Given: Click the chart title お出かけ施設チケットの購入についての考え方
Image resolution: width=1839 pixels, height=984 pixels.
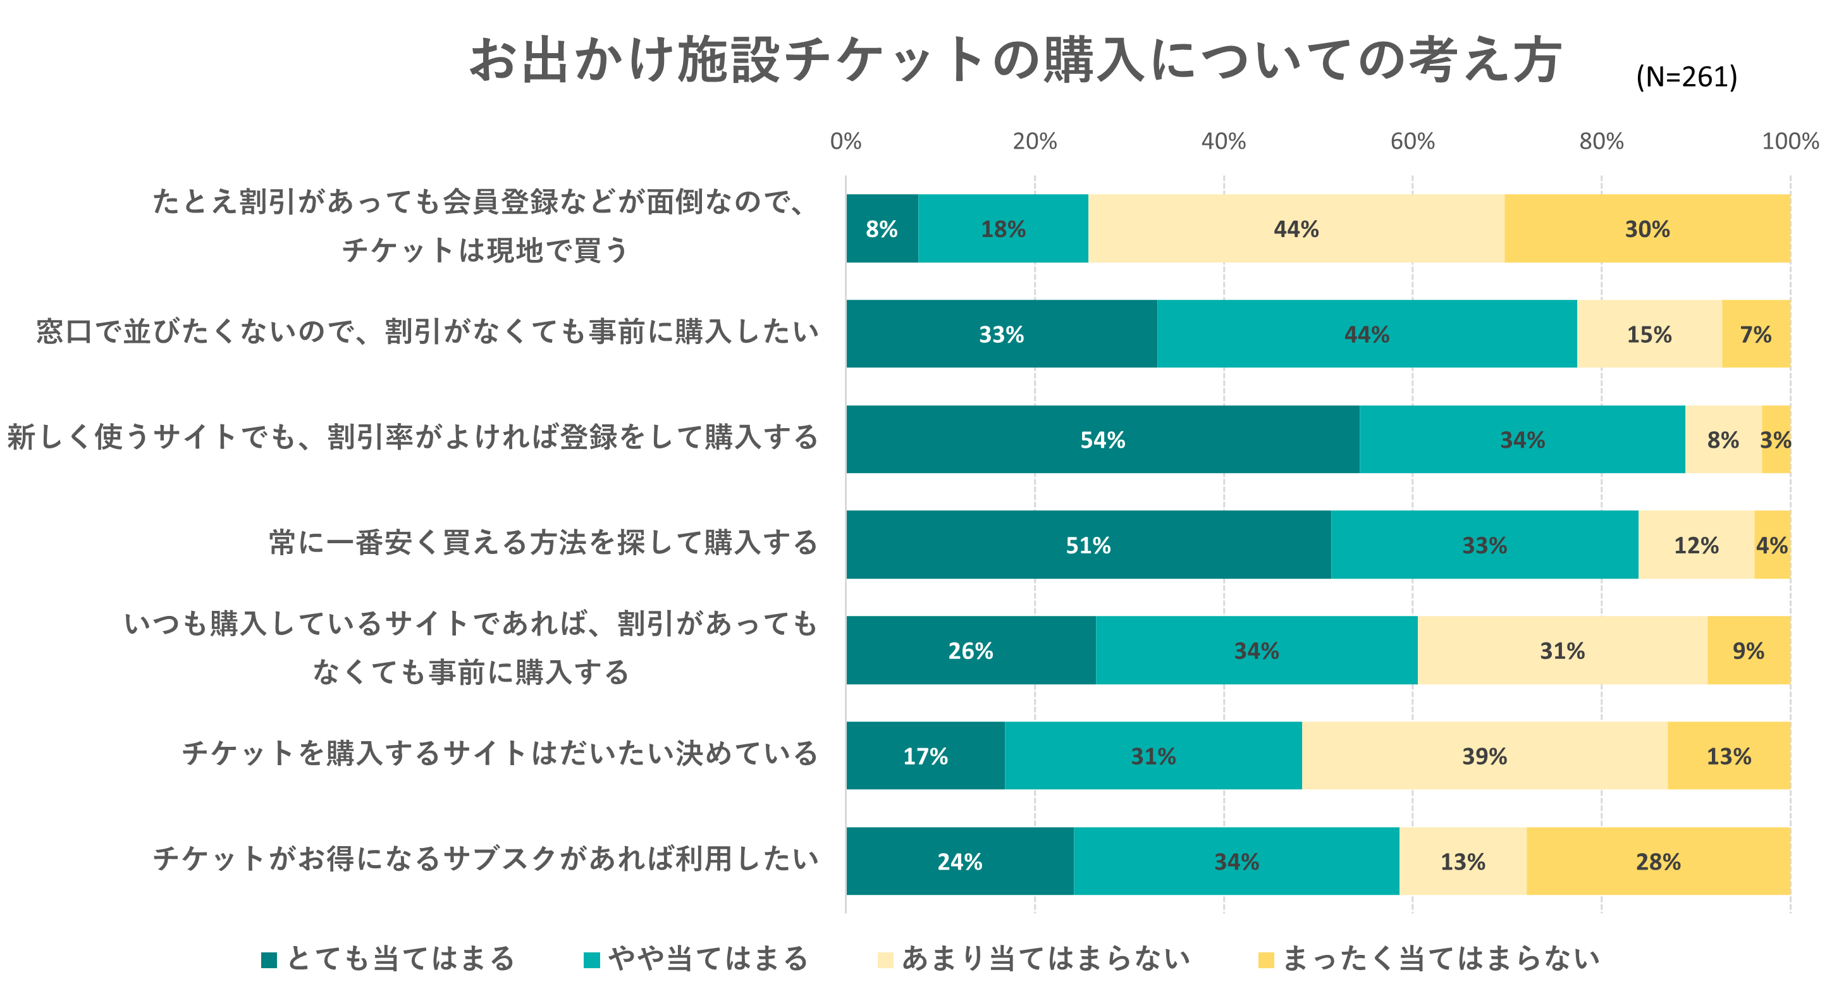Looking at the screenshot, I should coord(1014,60).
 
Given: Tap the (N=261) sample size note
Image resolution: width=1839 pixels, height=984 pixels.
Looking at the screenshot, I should coord(1686,77).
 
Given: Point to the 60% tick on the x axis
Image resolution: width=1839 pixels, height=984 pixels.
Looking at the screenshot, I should coord(1412,142).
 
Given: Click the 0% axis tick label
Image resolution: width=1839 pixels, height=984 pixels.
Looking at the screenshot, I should coord(846,142).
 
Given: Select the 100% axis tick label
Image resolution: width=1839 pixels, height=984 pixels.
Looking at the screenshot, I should coord(1790,142).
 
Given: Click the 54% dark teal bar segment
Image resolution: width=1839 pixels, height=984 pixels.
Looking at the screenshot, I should coord(1102,439).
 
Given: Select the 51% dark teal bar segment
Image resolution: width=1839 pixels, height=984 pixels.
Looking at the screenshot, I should coord(1088,545).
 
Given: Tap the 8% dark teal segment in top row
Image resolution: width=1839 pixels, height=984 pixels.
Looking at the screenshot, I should coord(882,228).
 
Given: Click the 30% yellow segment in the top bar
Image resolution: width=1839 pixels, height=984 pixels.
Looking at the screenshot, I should coord(1647,228).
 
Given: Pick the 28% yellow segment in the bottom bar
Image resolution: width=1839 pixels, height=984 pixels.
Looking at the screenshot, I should coord(1658,861).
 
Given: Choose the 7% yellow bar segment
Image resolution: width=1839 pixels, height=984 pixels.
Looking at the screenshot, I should coord(1756,334).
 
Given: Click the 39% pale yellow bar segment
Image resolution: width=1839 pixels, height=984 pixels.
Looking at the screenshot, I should coord(1484,756).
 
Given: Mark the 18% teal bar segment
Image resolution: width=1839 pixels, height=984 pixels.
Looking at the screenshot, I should coord(1003,228).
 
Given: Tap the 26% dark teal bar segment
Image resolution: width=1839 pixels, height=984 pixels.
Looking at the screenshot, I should coord(970,651).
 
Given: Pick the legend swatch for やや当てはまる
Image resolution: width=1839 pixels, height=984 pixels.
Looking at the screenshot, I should coord(592,960).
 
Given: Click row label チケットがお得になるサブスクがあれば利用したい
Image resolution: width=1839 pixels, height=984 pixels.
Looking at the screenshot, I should coord(486,858).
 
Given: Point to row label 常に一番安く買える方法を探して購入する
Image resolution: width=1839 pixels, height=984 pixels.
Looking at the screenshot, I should coord(543,543).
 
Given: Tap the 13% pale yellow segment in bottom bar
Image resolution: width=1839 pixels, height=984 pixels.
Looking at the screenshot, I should coord(1463,861).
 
